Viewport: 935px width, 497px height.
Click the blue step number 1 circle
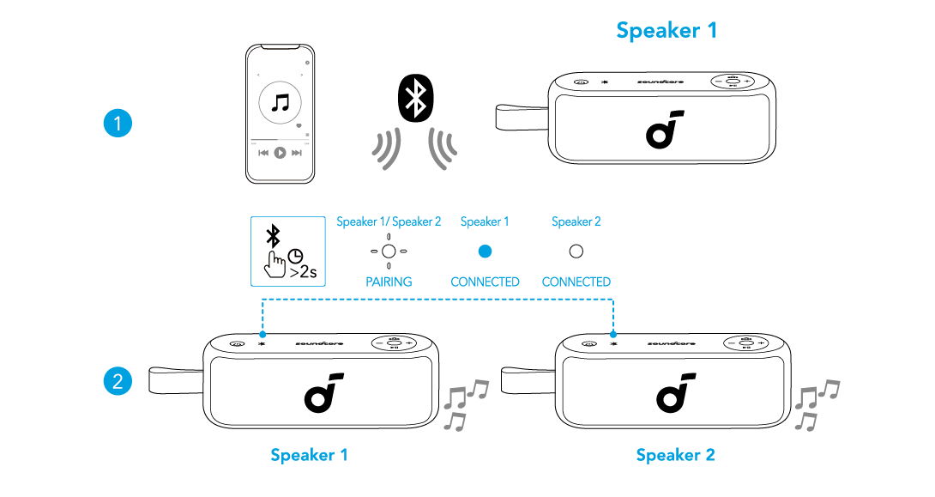pyautogui.click(x=117, y=124)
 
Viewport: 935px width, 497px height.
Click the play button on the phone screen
pyautogui.click(x=280, y=153)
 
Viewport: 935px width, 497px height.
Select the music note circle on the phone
pyautogui.click(x=280, y=104)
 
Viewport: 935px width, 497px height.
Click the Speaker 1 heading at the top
pyautogui.click(x=667, y=31)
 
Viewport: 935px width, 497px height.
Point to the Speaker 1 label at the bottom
pyautogui.click(x=309, y=455)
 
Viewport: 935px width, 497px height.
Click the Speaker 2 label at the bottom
pyautogui.click(x=675, y=455)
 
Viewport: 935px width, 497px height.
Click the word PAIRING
pyautogui.click(x=389, y=282)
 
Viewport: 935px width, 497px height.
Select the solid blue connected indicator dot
pyautogui.click(x=485, y=252)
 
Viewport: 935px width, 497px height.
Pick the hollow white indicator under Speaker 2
pyautogui.click(x=576, y=252)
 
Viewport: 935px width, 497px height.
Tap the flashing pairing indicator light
pyautogui.click(x=389, y=252)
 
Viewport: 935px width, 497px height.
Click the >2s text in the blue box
pyautogui.click(x=303, y=274)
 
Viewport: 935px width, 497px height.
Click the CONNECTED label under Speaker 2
pyautogui.click(x=576, y=282)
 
